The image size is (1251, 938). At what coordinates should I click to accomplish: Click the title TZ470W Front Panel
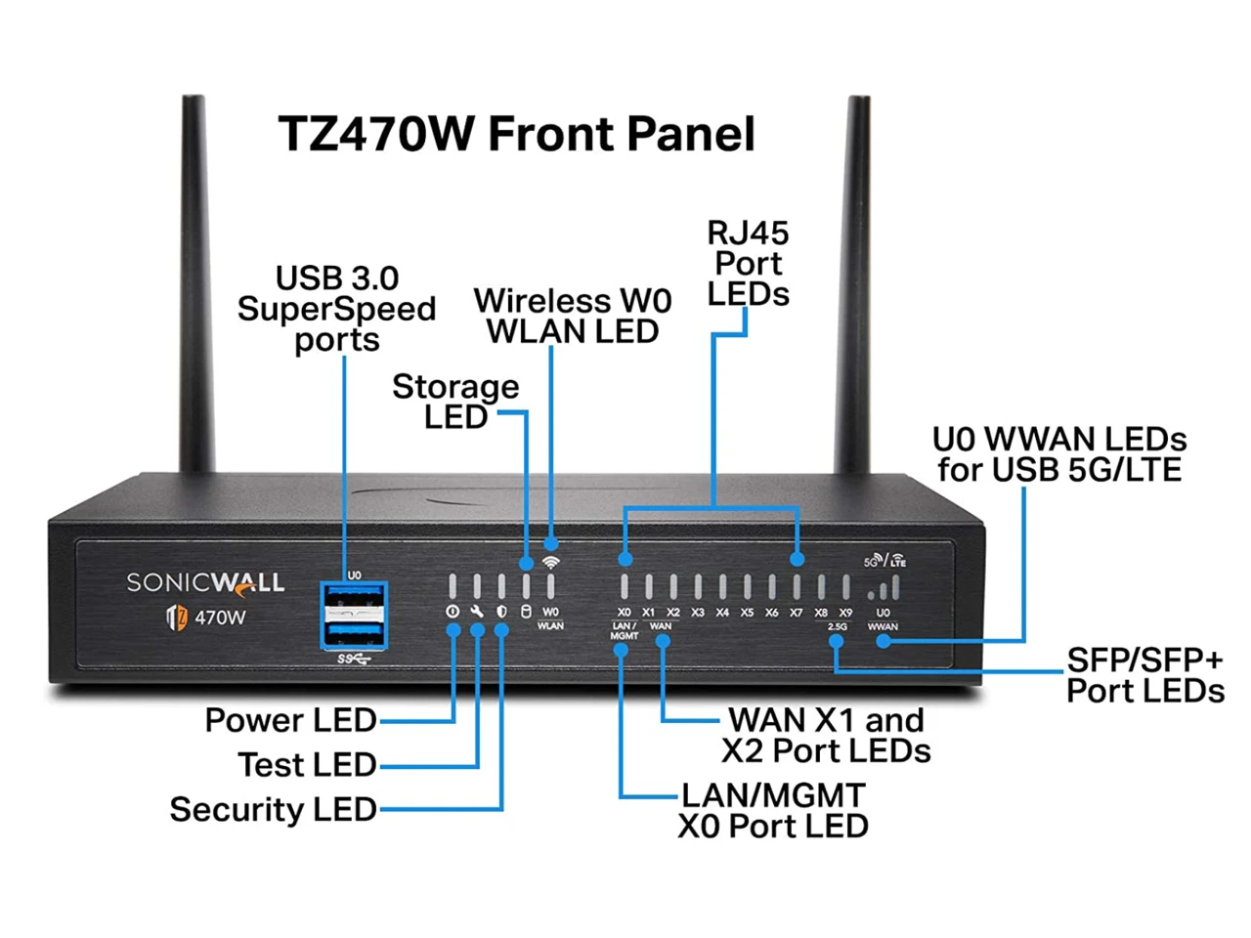[x=516, y=134]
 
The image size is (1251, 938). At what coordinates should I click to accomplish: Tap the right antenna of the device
[x=857, y=283]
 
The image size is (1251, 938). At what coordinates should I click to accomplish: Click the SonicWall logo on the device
[x=205, y=583]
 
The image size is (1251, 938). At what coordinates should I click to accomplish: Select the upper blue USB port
[x=354, y=598]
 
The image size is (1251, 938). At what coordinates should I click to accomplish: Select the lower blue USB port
[x=354, y=632]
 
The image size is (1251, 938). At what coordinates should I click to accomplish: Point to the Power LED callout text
[x=290, y=720]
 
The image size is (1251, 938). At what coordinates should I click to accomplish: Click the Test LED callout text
[x=307, y=764]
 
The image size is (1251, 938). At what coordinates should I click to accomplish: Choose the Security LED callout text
[x=273, y=809]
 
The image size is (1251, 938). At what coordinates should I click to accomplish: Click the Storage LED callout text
[x=455, y=402]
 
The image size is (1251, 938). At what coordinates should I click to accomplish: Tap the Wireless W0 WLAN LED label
[x=573, y=316]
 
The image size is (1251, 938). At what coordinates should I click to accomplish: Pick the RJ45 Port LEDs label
[x=748, y=264]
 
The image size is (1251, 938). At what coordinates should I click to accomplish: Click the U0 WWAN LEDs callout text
[x=1059, y=454]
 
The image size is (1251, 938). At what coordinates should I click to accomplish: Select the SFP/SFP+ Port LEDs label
[x=1144, y=676]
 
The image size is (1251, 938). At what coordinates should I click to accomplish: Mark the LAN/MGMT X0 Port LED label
[x=773, y=810]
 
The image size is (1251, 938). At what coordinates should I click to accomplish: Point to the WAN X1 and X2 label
[x=826, y=735]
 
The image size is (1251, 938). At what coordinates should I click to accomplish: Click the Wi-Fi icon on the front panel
[x=551, y=562]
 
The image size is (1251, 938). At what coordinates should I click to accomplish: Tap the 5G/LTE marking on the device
[x=884, y=561]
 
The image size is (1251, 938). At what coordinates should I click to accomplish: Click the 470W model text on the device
[x=220, y=618]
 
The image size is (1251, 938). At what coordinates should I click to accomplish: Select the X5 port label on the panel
[x=747, y=613]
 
